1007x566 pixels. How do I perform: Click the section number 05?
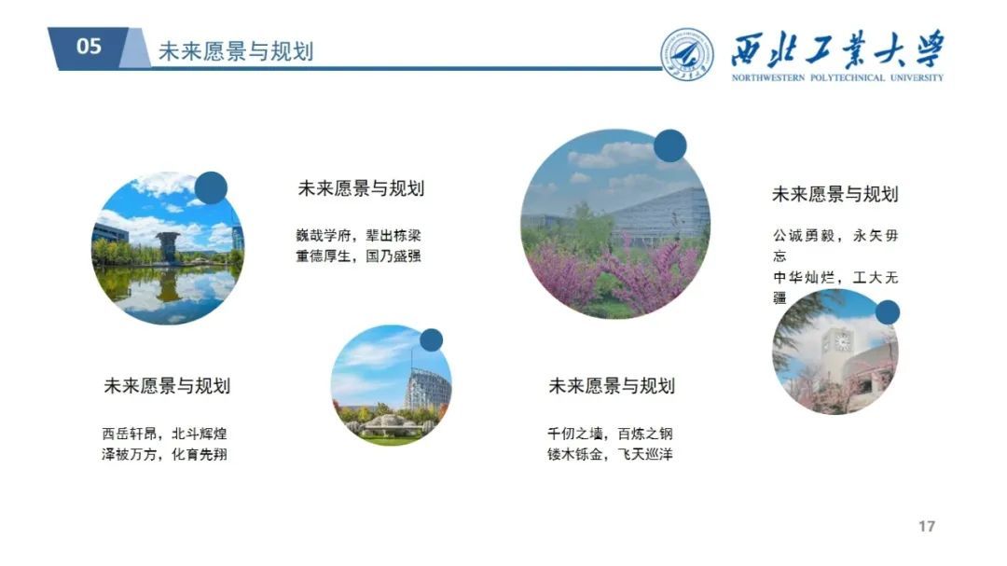89,47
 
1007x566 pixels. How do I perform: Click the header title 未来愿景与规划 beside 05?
236,51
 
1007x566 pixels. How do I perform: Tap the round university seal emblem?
687,54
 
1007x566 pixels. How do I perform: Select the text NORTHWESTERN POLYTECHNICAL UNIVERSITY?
837,77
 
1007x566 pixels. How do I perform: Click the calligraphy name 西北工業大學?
837,49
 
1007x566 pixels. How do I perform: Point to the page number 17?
926,526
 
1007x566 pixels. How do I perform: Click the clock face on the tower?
842,342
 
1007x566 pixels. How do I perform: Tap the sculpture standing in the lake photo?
168,247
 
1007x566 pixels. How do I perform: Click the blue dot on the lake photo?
211,188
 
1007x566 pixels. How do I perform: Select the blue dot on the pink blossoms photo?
669,145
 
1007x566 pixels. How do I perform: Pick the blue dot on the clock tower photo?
888,312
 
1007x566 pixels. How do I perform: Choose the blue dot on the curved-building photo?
431,340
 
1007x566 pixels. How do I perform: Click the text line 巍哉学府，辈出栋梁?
358,235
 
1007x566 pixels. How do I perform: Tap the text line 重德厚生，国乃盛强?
358,255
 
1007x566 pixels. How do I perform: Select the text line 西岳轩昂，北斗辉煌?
164,434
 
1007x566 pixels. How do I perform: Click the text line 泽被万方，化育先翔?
164,454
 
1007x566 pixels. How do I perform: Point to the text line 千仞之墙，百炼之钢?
610,434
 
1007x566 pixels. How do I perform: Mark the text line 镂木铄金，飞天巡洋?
610,454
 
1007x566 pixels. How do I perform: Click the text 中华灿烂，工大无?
835,278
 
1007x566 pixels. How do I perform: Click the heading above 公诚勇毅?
835,194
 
